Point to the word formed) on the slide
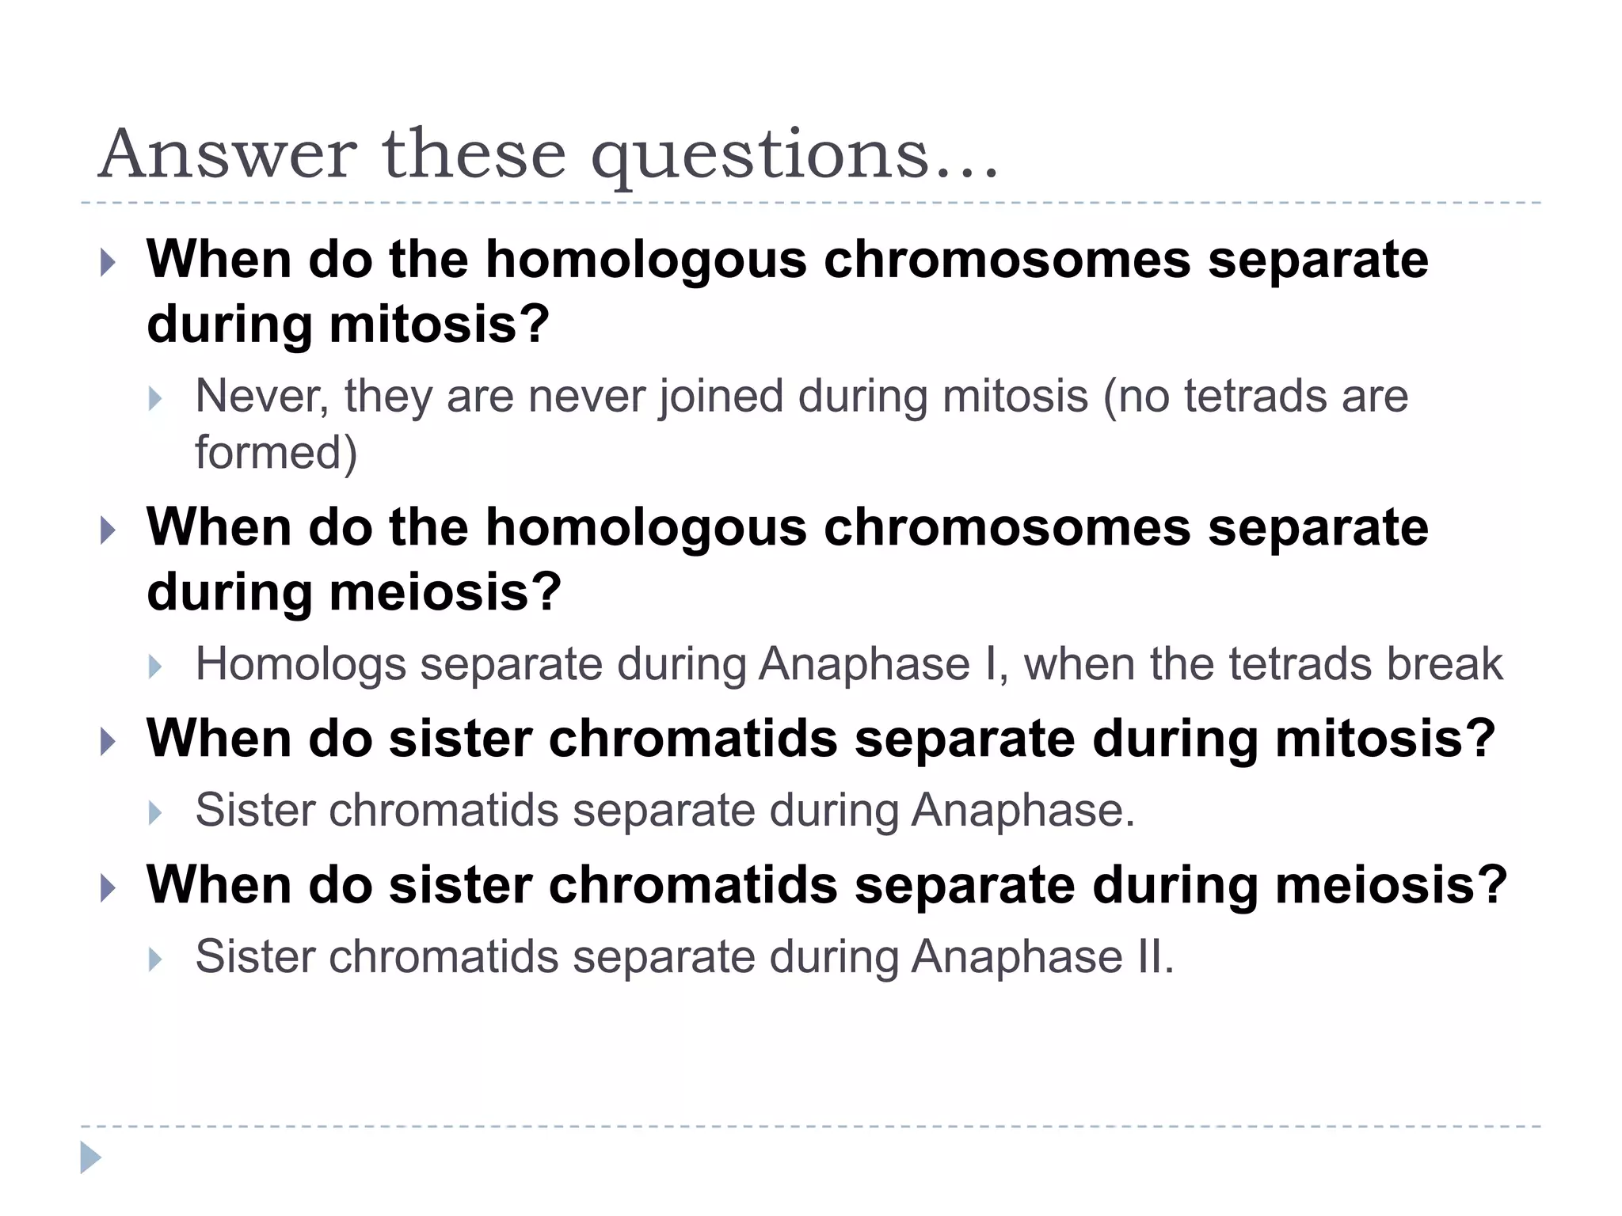(x=276, y=453)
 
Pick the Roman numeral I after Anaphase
(x=991, y=663)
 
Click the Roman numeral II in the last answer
(x=1153, y=956)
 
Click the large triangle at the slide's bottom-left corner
(x=90, y=1157)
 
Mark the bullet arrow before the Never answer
(x=155, y=398)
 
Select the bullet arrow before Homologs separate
(x=155, y=667)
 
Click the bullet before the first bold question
(x=109, y=262)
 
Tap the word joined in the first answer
(x=721, y=396)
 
